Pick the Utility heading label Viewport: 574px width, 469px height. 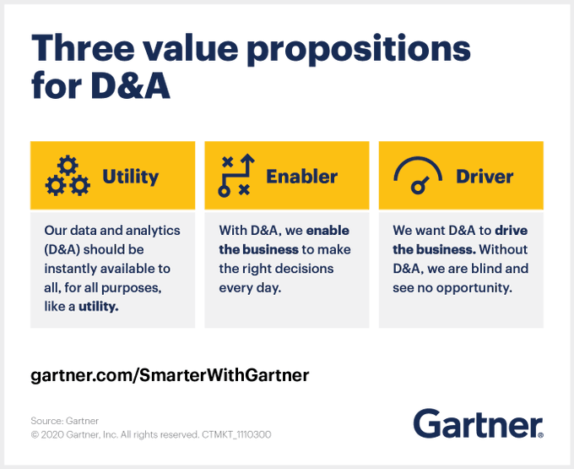tap(130, 176)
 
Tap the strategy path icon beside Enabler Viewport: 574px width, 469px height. tap(236, 176)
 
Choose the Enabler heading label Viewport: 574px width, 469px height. tap(301, 176)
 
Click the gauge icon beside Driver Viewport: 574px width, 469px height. tap(419, 176)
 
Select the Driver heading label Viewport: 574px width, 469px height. tap(485, 176)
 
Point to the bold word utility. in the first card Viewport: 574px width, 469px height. tap(99, 306)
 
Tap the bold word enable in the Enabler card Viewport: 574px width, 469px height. tap(328, 230)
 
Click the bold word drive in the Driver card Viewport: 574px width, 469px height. tap(511, 230)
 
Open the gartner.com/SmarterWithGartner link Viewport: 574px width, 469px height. tap(170, 374)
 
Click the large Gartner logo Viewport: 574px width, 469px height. tap(478, 423)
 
